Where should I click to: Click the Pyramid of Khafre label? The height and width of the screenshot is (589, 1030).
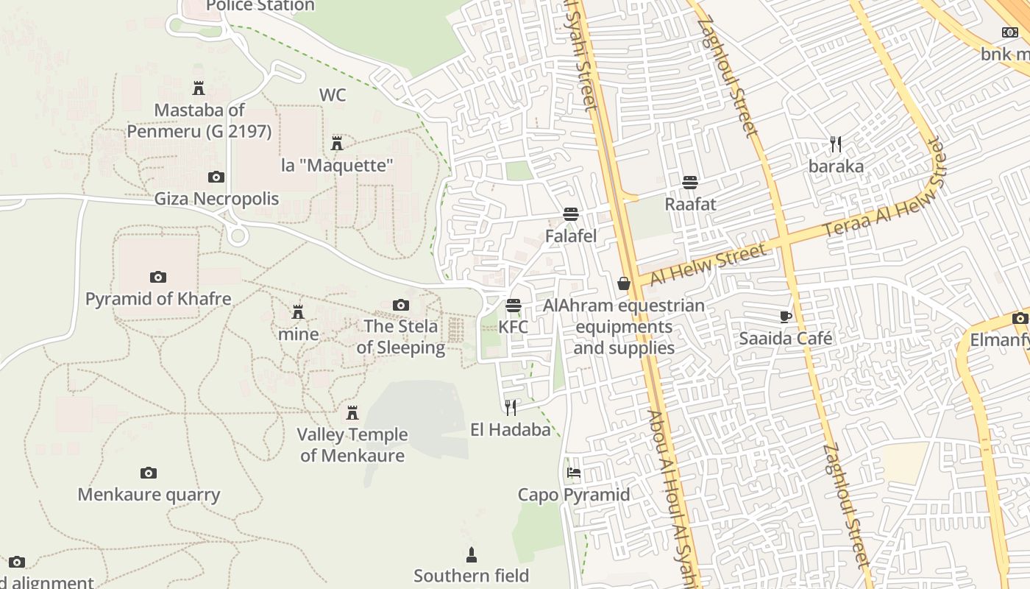158,299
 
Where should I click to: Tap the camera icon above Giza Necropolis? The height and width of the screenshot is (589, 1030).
216,177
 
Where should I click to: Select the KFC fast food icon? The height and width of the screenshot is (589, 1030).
513,306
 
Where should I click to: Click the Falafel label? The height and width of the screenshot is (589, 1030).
570,236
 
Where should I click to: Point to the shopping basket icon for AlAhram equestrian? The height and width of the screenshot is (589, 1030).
624,283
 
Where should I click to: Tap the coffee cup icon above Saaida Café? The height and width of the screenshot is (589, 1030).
786,317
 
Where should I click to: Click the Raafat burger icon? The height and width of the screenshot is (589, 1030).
690,183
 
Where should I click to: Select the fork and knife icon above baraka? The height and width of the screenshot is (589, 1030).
835,144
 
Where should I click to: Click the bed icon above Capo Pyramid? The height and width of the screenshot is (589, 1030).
574,473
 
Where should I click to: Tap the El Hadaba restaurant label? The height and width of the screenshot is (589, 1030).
511,429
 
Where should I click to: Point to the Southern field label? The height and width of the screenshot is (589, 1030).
471,575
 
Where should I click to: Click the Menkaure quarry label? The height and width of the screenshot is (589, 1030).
149,494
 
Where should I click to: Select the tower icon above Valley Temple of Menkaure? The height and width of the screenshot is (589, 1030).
352,412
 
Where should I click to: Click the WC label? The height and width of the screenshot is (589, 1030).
333,95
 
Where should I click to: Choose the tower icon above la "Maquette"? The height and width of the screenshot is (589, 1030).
337,143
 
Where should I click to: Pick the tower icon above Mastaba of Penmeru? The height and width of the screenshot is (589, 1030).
198,88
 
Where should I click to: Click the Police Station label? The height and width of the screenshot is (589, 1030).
260,6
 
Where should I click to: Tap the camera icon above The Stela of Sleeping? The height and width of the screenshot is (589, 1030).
401,305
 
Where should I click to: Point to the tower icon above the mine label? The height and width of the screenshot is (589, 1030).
298,312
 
